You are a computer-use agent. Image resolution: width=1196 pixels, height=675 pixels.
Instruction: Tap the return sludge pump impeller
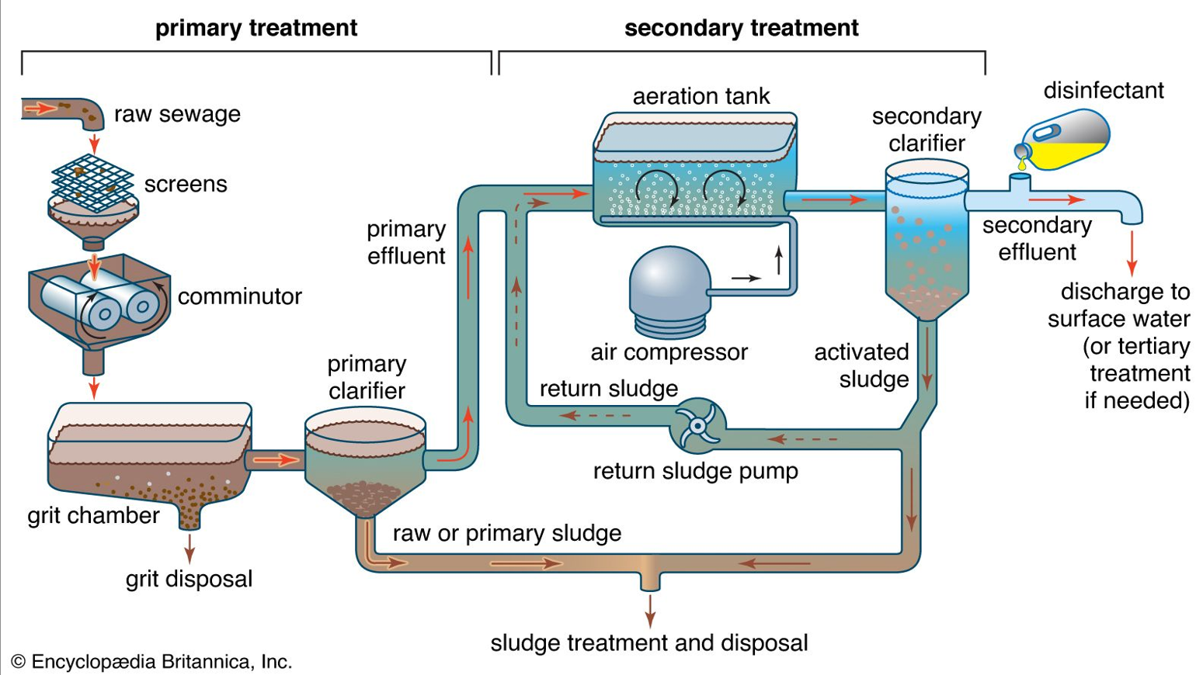[697, 425]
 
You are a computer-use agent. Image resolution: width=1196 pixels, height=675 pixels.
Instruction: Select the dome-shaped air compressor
[669, 291]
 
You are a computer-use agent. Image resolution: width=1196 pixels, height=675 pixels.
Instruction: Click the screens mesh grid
[92, 182]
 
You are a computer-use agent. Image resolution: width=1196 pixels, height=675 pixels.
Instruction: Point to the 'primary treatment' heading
[256, 28]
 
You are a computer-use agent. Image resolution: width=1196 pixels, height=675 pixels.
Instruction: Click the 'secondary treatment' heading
[741, 28]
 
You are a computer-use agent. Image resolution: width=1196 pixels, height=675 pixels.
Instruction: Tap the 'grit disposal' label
[189, 579]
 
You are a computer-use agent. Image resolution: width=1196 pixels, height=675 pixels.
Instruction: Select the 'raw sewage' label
[177, 114]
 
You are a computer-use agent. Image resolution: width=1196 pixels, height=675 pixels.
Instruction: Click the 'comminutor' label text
[239, 296]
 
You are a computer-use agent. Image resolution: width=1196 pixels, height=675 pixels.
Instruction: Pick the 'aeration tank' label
[701, 96]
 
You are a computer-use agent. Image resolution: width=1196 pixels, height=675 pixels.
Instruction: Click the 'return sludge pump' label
[695, 471]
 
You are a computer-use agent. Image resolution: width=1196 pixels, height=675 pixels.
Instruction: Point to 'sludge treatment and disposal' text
[648, 643]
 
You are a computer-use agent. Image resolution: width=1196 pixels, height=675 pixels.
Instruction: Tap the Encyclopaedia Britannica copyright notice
[151, 662]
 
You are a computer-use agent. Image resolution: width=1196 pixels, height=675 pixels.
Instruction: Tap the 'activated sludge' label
[861, 365]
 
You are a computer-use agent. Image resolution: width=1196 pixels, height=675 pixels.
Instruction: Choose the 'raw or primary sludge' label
[506, 533]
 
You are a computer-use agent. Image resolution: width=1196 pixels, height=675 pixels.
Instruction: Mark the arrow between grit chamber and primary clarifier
[276, 460]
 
